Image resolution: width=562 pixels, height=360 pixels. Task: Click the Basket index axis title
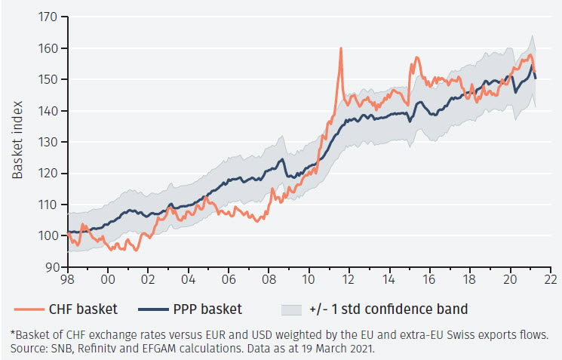coord(18,140)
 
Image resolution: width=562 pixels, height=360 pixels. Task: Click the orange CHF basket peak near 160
coord(341,49)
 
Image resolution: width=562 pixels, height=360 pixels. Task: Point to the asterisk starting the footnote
coord(13,334)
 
